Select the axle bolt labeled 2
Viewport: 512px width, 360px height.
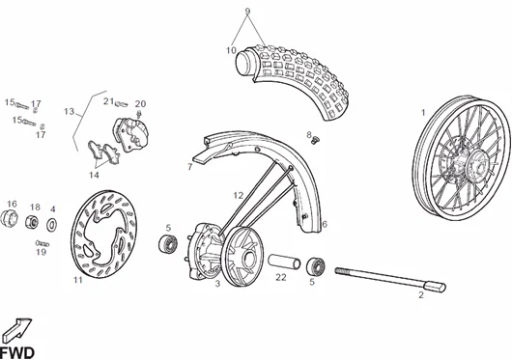point(390,279)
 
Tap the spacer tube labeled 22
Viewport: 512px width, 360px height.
point(284,262)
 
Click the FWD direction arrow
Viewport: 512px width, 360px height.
point(17,330)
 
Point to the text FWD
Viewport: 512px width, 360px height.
point(17,353)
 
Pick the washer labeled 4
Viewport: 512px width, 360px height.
point(51,225)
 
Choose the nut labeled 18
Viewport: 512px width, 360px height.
point(32,222)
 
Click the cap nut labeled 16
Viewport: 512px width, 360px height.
point(9,218)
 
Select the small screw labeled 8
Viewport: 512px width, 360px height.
point(315,141)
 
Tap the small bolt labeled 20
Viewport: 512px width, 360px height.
point(139,114)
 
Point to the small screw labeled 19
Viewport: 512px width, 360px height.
point(43,243)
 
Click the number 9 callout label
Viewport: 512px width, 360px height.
point(247,11)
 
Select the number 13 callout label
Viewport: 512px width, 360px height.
point(70,112)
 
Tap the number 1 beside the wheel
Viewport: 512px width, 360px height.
point(423,113)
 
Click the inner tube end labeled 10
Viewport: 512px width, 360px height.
point(244,63)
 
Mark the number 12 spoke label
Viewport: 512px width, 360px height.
point(239,195)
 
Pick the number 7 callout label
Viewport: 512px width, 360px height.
point(190,167)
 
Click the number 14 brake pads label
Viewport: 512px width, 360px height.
point(94,175)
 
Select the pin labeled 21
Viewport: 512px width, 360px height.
point(121,103)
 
